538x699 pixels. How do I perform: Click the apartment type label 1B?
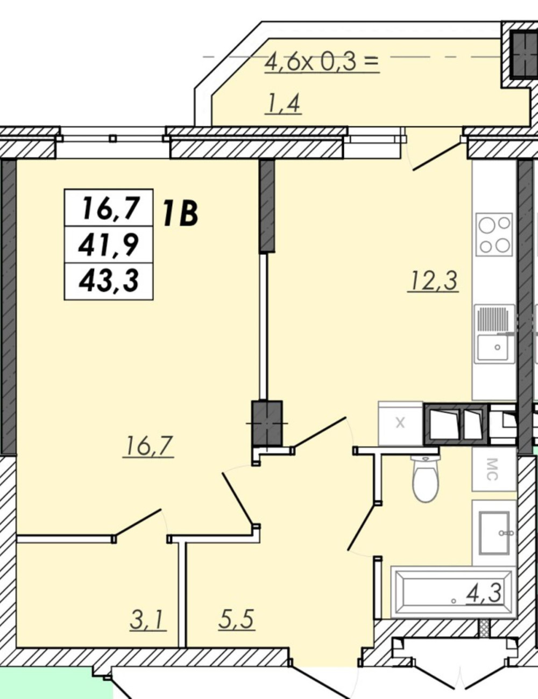[x=180, y=213]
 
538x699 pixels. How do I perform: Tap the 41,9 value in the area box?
[x=109, y=245]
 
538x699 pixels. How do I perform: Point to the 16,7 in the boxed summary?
[x=109, y=208]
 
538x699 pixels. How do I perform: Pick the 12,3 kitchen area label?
[x=433, y=280]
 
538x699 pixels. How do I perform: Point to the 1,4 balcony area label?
[x=283, y=104]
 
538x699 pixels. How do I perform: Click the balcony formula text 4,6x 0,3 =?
[x=321, y=62]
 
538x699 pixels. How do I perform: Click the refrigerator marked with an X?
[x=400, y=423]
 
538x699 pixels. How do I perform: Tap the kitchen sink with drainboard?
[x=495, y=334]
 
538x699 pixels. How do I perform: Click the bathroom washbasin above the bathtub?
[x=494, y=532]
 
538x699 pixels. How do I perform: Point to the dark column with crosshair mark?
[x=267, y=423]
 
